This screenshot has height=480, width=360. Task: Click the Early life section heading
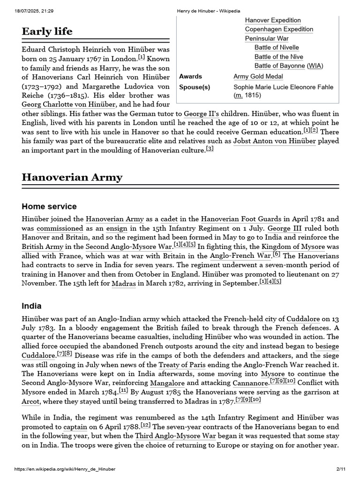click(47, 31)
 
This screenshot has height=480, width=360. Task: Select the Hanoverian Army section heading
click(72, 177)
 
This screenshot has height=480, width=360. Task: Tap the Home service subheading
click(49, 207)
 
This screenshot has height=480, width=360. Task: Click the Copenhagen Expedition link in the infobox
click(279, 29)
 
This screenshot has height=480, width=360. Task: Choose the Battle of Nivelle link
click(277, 47)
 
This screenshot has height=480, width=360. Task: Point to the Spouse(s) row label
click(195, 87)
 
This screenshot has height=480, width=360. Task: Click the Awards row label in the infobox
click(190, 76)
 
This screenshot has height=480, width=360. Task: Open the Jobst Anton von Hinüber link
click(274, 141)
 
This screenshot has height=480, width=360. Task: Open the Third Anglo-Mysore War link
click(175, 435)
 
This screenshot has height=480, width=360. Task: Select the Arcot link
click(30, 402)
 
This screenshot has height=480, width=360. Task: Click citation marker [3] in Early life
click(210, 149)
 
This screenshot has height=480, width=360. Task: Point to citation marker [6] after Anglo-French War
click(277, 255)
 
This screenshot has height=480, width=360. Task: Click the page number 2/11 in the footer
click(341, 469)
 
